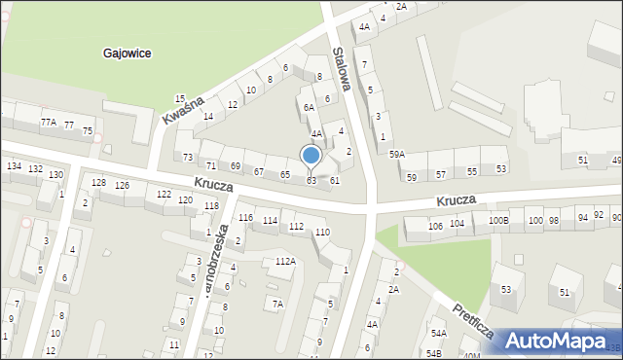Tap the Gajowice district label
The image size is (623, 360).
tap(127, 54)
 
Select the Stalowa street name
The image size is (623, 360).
tap(341, 68)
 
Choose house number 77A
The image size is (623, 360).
tap(49, 123)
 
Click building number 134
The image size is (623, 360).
tap(14, 166)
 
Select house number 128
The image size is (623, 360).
tap(98, 183)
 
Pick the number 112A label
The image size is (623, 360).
tap(284, 261)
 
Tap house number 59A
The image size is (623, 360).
tap(397, 154)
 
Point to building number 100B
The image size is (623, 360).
tap(498, 221)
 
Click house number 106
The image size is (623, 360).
tap(435, 226)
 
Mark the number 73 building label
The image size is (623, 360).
tap(188, 157)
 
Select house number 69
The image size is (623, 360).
tap(236, 166)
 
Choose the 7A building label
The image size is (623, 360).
tap(277, 304)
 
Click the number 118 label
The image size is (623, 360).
tap(211, 205)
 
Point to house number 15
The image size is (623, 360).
tap(179, 98)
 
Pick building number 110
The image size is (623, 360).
tap(322, 232)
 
